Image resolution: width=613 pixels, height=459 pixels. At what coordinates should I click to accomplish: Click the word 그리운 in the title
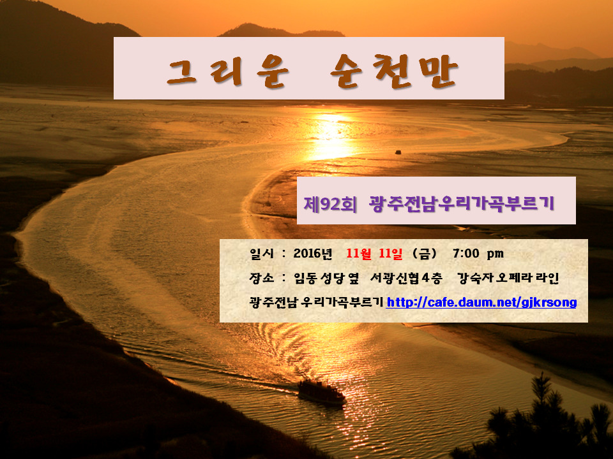click(228, 71)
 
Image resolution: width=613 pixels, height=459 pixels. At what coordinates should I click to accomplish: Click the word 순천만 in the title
click(394, 70)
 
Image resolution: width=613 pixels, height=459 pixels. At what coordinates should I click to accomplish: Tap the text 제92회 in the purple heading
click(330, 204)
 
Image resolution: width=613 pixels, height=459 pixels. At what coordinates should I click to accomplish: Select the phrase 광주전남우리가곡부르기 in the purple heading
click(462, 203)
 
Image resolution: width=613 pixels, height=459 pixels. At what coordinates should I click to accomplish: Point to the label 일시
click(262, 254)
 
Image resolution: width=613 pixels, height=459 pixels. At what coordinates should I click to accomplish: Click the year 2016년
click(313, 254)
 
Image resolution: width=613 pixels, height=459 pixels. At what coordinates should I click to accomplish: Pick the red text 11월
click(359, 254)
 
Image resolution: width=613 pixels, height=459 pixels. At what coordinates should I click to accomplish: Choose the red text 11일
click(391, 254)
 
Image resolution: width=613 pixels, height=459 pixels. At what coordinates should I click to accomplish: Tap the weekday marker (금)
click(425, 254)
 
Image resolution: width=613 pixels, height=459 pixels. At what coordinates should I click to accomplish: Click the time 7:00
click(466, 254)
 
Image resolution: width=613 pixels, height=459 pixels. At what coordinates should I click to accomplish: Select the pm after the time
click(495, 254)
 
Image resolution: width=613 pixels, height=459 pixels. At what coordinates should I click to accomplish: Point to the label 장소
click(262, 278)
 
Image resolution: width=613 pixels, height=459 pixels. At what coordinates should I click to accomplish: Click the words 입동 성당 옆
click(326, 278)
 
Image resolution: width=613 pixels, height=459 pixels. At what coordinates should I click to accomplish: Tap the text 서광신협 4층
click(406, 278)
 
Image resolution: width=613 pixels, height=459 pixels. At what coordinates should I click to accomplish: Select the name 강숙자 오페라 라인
click(508, 278)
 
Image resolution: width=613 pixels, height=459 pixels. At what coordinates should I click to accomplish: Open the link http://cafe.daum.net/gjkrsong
click(481, 302)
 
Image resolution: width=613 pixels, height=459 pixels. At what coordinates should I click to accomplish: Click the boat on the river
click(321, 391)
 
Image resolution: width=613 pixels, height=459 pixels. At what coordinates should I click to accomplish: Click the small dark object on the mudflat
click(398, 152)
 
